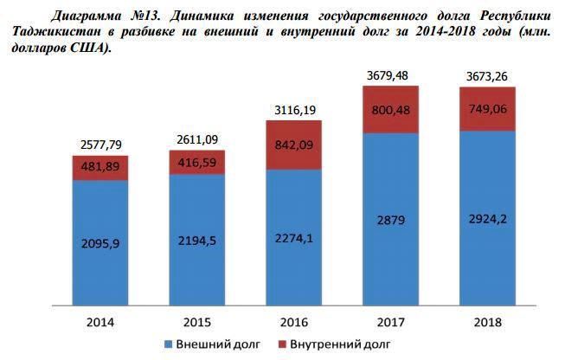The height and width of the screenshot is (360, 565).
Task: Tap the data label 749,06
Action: pyautogui.click(x=488, y=108)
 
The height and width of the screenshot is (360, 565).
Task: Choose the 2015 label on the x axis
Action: pyautogui.click(x=197, y=322)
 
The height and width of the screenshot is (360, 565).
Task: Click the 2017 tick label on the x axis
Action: pyautogui.click(x=391, y=322)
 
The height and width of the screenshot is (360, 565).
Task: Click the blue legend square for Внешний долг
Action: pyautogui.click(x=169, y=344)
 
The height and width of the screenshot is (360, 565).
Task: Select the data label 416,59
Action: pyautogui.click(x=197, y=162)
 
